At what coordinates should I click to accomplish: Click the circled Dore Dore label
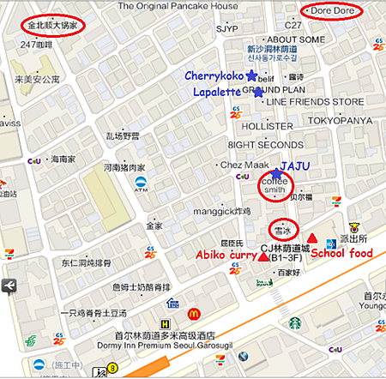point(332,12)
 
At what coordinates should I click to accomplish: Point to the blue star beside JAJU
point(276,173)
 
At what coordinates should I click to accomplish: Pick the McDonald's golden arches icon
point(194,315)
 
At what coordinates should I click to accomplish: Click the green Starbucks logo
point(295,323)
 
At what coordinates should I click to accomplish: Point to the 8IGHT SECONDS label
point(268,146)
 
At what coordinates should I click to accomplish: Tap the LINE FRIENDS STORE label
point(315,101)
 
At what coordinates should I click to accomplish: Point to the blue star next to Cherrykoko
point(250,76)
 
